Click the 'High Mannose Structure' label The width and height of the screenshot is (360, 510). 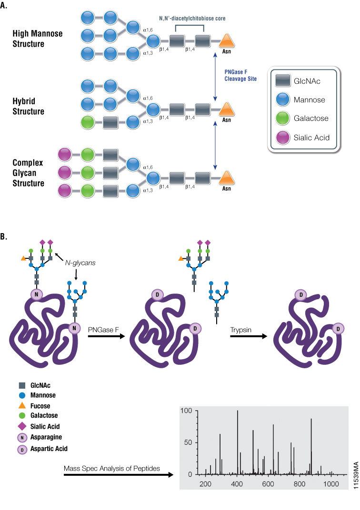[x=38, y=39]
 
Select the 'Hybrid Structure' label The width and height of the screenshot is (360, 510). [x=29, y=107]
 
